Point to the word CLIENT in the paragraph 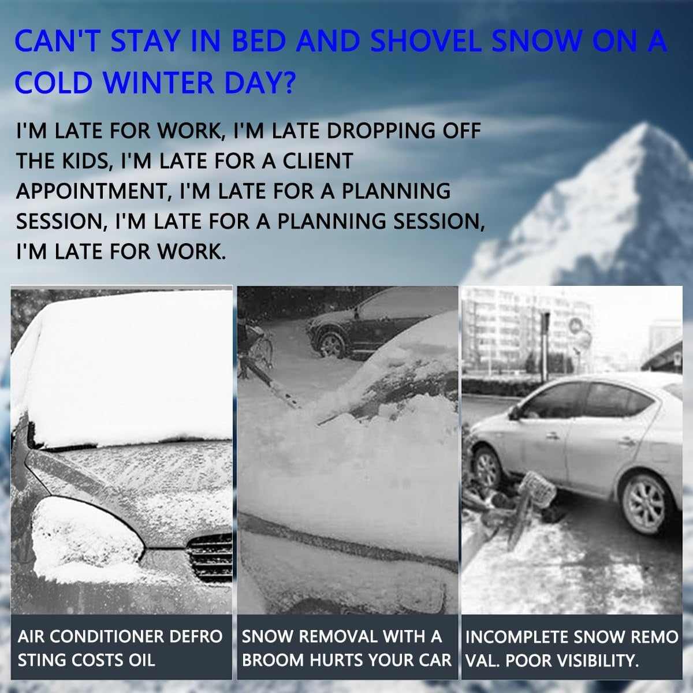(x=316, y=161)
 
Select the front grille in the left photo (x=211, y=557)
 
